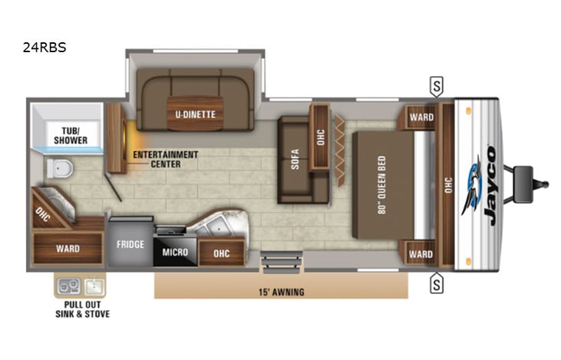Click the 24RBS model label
coord(45,48)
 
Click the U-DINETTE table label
coord(194,115)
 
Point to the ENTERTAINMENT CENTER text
coord(166,159)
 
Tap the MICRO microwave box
coord(176,251)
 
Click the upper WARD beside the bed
coord(421,117)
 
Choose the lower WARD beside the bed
coord(421,254)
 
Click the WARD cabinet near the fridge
coord(68,249)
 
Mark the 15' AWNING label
coord(280,292)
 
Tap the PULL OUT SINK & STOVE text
coord(81,309)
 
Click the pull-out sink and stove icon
coord(80,286)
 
